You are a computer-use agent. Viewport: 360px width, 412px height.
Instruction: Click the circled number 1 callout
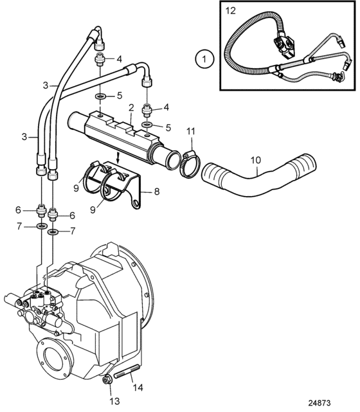tap(204, 59)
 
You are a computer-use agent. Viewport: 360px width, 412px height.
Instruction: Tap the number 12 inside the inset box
tap(230, 11)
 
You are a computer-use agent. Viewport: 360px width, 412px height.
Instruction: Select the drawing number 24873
tap(319, 403)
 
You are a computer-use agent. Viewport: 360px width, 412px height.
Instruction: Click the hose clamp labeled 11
tap(190, 165)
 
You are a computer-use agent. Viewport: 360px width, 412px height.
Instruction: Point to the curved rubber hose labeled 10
tap(259, 175)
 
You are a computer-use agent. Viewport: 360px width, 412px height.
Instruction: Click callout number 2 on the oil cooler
tap(131, 107)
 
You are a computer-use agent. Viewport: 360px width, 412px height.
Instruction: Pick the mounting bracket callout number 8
tap(157, 192)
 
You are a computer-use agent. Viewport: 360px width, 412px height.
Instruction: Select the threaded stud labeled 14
tap(127, 372)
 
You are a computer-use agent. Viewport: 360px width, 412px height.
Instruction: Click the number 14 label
tap(138, 388)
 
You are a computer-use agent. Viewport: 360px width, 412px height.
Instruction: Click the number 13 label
tap(114, 401)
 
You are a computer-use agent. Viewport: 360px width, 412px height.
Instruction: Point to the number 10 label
tap(256, 160)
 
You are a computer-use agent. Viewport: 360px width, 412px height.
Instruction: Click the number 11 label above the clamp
tap(191, 131)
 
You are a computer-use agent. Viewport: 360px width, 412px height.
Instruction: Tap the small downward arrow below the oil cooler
tap(118, 157)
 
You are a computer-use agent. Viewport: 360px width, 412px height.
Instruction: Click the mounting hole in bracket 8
tap(136, 204)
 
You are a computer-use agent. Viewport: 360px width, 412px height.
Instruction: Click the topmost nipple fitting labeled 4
tap(100, 60)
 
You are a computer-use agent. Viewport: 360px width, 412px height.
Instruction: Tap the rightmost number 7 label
tap(73, 231)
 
